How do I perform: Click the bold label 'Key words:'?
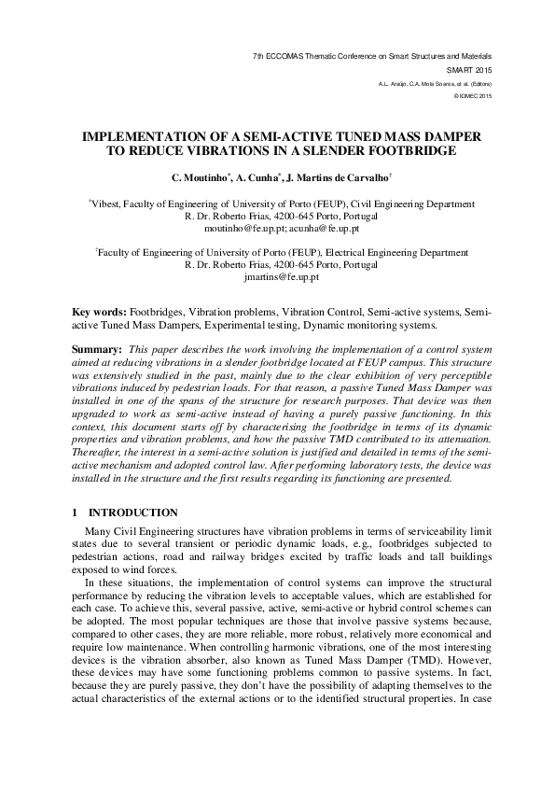(x=99, y=309)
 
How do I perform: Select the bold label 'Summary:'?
(x=97, y=348)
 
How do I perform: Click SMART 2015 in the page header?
(x=470, y=70)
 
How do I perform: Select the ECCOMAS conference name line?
(x=371, y=57)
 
